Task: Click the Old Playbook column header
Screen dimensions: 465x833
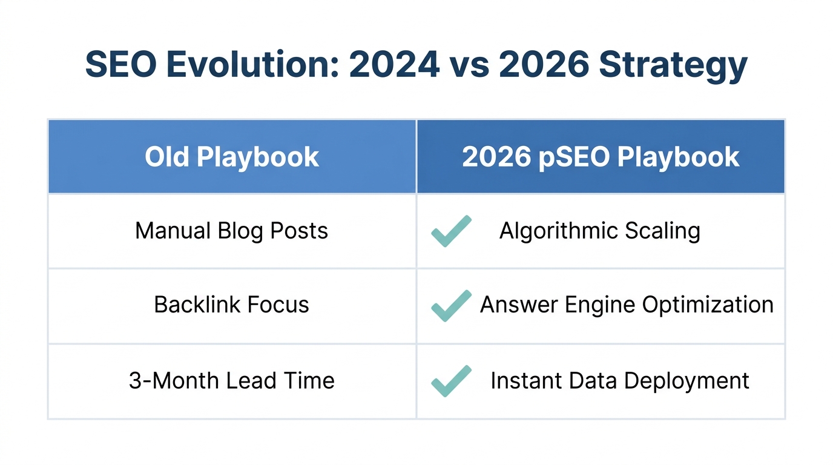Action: (232, 157)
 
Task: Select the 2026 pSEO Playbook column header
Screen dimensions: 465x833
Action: (601, 157)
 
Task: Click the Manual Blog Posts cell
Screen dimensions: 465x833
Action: (232, 231)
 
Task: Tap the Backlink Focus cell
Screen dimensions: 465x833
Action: (232, 305)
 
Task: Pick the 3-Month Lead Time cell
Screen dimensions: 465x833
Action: (232, 381)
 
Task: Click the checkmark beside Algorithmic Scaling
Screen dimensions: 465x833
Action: (451, 231)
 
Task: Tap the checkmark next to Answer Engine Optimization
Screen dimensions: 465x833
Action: (451, 305)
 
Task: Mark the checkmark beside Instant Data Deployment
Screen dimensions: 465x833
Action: (451, 381)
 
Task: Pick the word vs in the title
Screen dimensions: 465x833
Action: (469, 65)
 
